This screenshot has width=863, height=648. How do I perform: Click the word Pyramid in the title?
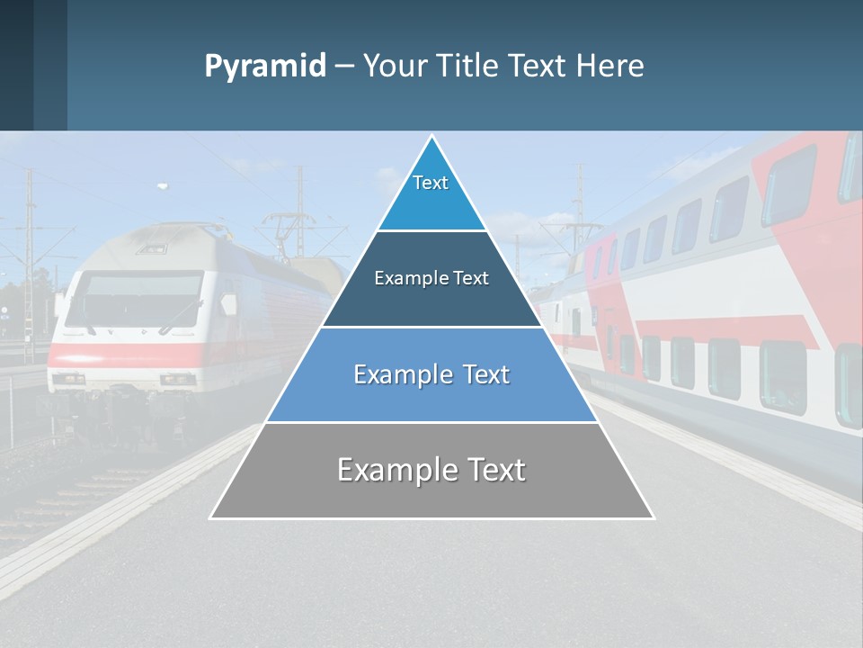(265, 66)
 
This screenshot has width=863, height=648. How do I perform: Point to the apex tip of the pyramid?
(431, 137)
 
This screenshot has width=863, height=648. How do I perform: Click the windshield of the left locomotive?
(135, 300)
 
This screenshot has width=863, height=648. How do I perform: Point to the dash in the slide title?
(344, 67)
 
